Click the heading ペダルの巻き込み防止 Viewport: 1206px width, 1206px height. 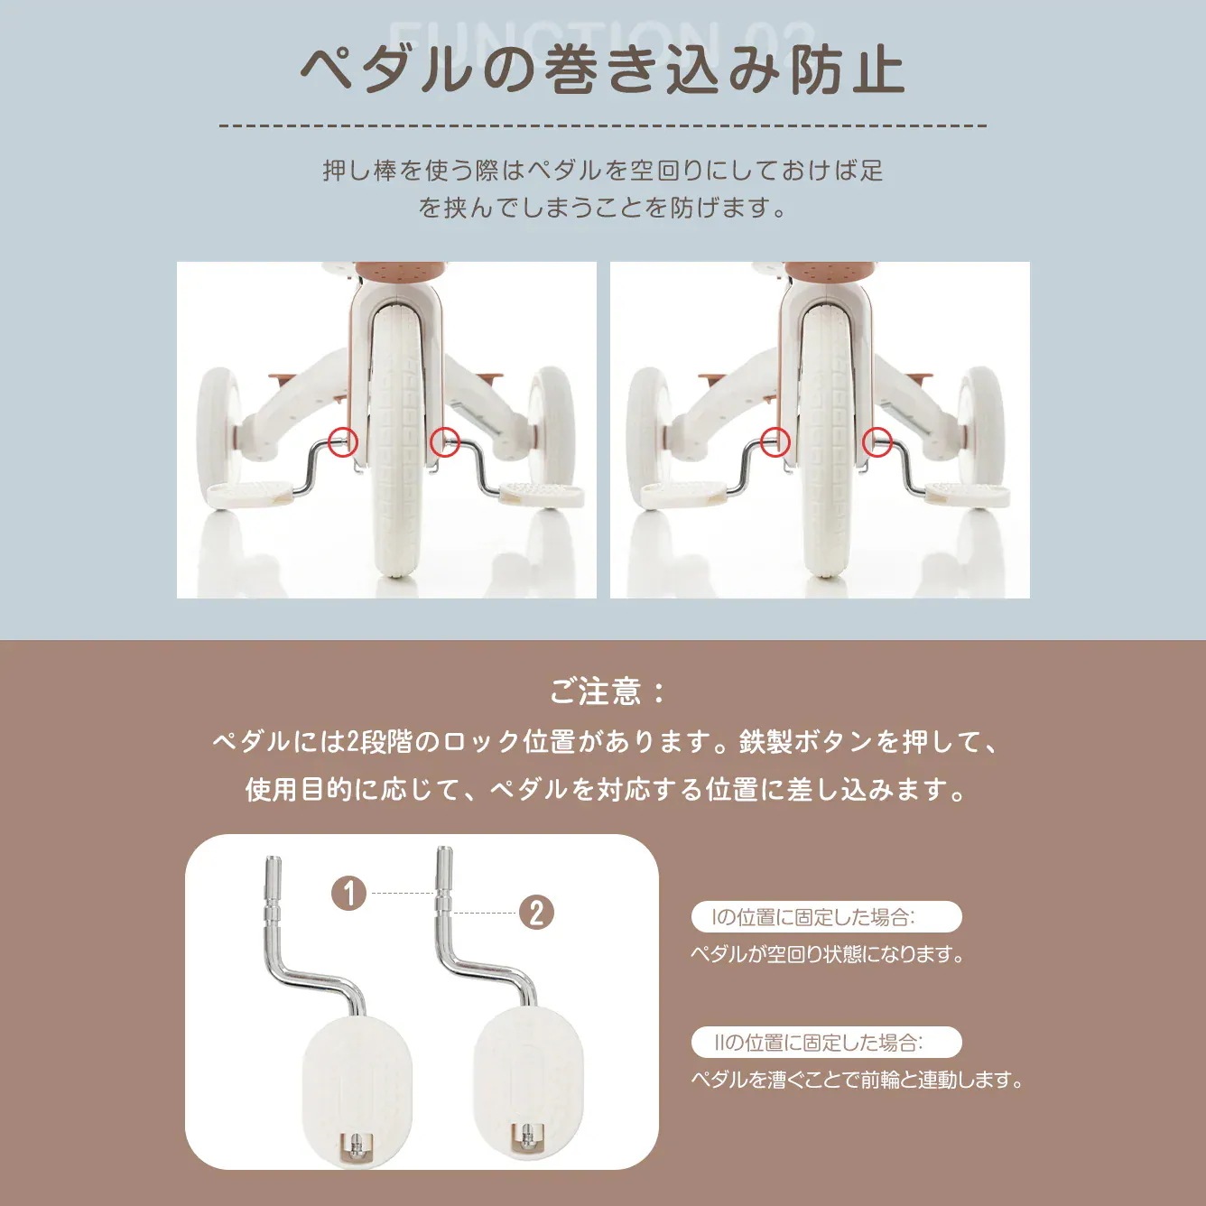(x=602, y=70)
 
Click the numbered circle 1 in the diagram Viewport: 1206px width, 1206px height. (x=349, y=894)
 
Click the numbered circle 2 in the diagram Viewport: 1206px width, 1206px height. (x=536, y=913)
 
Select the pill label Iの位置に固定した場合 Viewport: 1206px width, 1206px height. (x=825, y=917)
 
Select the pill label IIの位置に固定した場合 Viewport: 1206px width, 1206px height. (x=825, y=1043)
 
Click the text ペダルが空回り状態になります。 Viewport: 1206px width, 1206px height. (x=827, y=954)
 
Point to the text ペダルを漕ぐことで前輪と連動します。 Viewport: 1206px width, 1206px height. (x=857, y=1080)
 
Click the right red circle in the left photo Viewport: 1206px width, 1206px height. (x=444, y=441)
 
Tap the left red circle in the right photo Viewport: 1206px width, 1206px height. (x=775, y=441)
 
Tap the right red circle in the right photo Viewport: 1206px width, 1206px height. (x=877, y=441)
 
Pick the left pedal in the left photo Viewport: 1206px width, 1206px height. (x=248, y=492)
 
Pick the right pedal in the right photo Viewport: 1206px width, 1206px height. (x=971, y=493)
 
